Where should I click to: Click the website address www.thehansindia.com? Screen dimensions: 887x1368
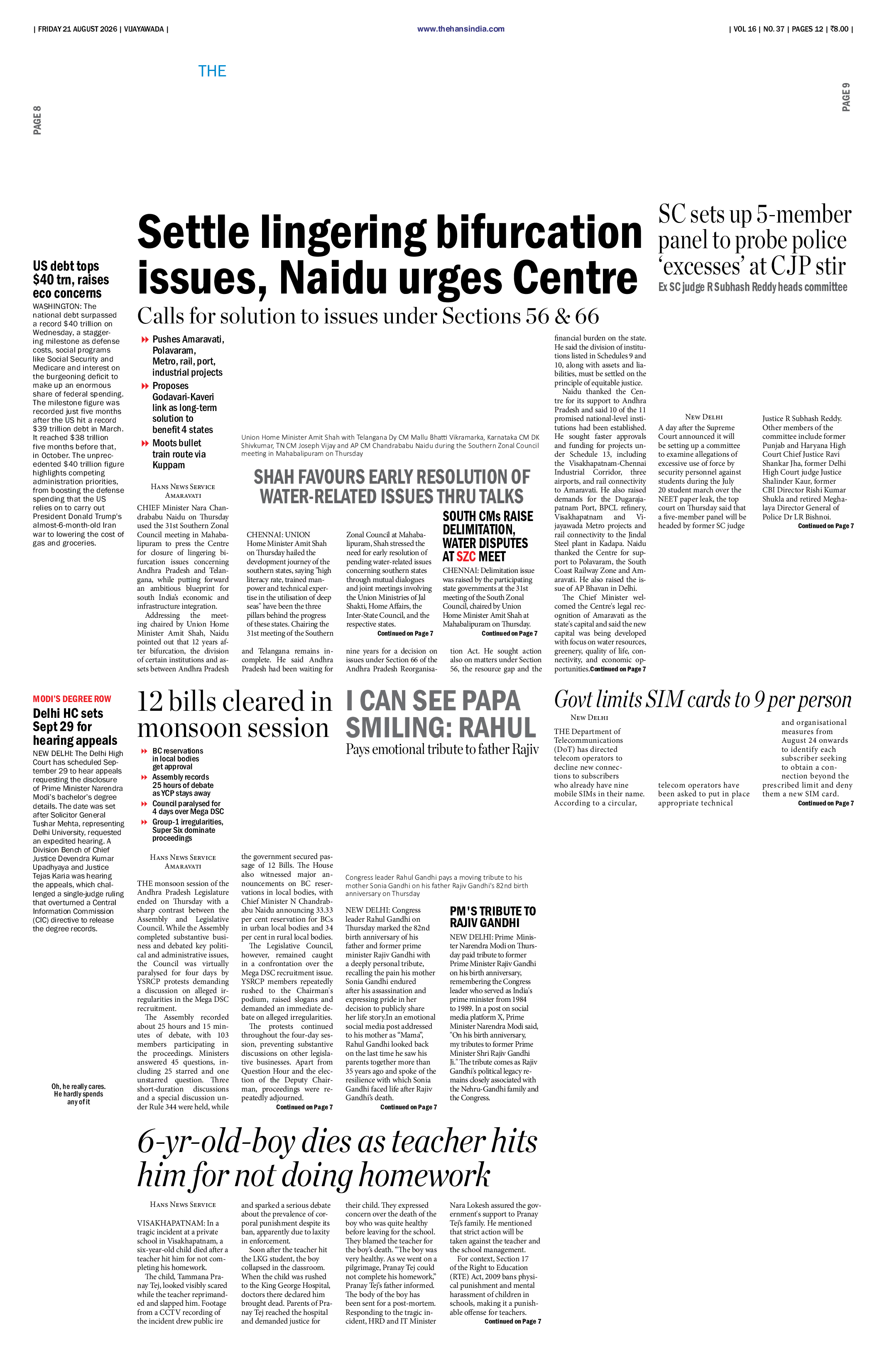[x=461, y=29]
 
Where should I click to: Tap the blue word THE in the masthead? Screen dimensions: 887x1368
[x=212, y=71]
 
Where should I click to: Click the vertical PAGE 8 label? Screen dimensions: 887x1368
[x=37, y=120]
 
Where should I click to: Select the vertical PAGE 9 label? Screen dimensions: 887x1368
[x=845, y=97]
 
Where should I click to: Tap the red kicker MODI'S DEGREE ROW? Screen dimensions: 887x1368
[x=72, y=699]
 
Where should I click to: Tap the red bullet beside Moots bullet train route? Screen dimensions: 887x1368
[x=145, y=443]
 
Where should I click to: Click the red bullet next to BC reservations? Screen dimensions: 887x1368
[x=144, y=751]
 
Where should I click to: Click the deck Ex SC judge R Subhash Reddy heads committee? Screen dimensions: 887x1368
[x=752, y=287]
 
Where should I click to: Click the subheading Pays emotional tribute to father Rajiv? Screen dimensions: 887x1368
[x=442, y=749]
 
